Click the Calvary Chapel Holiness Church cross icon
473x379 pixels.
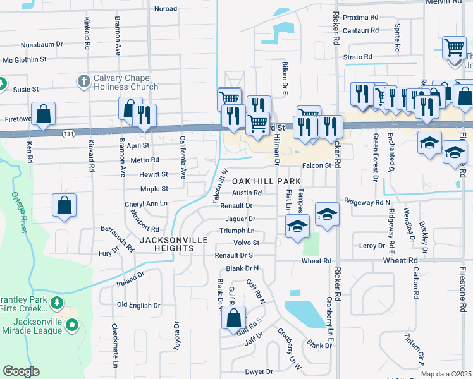pos(83,81)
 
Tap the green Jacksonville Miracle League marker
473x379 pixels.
pos(71,325)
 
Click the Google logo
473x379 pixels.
pos(21,371)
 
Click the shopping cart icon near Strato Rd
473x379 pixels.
pos(453,47)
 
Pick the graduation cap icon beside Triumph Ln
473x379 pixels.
pos(296,227)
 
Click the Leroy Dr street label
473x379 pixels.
pos(372,245)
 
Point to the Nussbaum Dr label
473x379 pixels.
pos(42,45)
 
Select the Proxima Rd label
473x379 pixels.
pos(360,18)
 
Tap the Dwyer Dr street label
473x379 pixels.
pos(259,371)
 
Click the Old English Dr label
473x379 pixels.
pos(139,305)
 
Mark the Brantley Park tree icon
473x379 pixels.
pos(57,303)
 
